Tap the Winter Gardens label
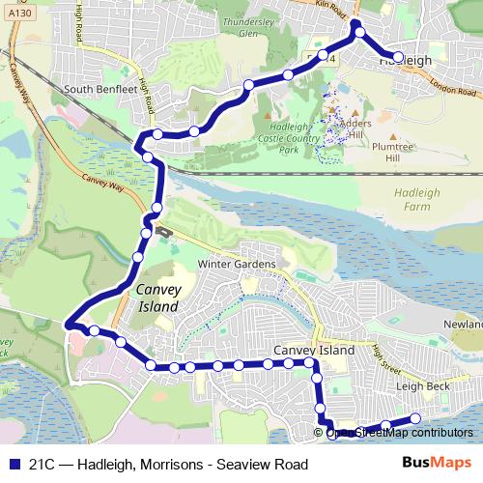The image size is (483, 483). click(x=237, y=264)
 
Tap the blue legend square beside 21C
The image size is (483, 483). click(x=12, y=464)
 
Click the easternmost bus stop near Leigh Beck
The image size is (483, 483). click(x=416, y=418)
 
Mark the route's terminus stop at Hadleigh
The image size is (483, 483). click(x=398, y=57)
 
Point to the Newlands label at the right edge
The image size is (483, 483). click(x=462, y=325)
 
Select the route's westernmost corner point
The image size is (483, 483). click(x=68, y=326)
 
